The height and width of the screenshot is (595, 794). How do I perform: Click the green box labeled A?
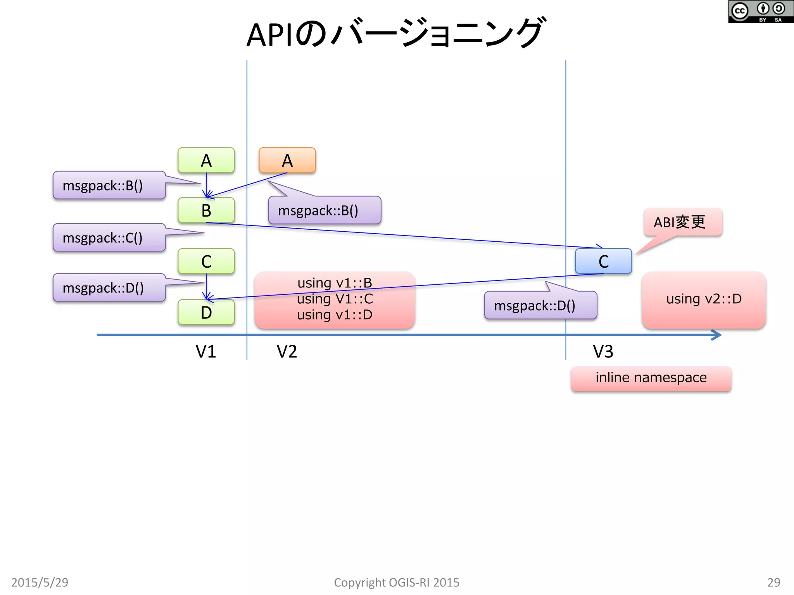[x=206, y=160]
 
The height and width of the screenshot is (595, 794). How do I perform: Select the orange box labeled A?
[x=287, y=160]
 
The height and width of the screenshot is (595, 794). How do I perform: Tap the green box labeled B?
[x=206, y=210]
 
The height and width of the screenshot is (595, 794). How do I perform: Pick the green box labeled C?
[x=206, y=261]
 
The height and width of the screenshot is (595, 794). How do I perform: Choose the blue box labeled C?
[x=603, y=261]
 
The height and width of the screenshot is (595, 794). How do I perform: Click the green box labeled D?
[x=206, y=312]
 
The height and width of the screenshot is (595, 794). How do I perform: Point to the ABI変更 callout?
[x=682, y=222]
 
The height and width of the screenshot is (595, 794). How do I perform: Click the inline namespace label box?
[x=651, y=378]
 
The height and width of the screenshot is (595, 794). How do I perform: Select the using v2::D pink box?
[x=704, y=299]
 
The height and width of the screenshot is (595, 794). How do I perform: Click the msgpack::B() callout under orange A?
[x=324, y=210]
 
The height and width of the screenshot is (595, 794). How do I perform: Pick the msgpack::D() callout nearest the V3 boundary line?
[x=540, y=306]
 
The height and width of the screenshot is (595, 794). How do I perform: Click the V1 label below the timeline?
[x=205, y=351]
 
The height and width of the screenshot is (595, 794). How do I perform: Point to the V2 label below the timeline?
[x=287, y=351]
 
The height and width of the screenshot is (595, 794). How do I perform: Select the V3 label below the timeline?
[x=603, y=351]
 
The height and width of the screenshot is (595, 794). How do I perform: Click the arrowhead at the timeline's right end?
[x=717, y=335]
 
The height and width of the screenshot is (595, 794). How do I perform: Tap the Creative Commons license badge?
[x=760, y=12]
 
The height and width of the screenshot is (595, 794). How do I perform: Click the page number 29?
[x=773, y=582]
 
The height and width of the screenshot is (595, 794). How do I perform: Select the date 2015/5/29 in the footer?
[x=40, y=582]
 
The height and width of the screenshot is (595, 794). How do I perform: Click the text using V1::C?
[x=335, y=299]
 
